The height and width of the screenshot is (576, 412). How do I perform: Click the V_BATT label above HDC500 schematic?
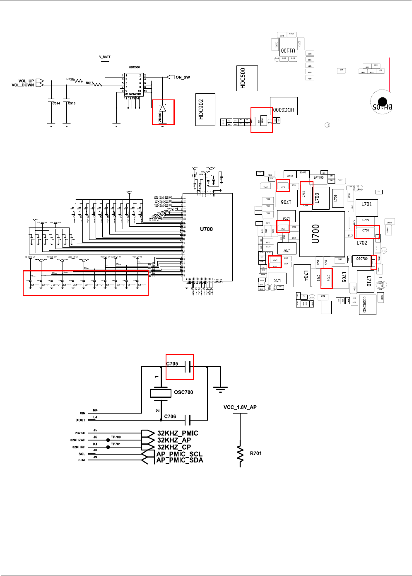pos(105,57)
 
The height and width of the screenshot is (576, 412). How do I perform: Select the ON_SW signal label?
pos(183,77)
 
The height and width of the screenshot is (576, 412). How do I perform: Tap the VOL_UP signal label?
pos(26,81)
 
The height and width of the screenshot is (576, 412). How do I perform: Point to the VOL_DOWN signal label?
pos(23,85)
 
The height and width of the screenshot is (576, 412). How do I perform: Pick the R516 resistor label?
pos(70,79)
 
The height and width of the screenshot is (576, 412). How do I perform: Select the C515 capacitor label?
pos(72,103)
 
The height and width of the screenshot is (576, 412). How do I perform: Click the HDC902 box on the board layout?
pos(205,109)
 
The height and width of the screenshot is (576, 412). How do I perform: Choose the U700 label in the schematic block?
pos(206,229)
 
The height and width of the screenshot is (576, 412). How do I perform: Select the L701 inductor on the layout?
pos(366,204)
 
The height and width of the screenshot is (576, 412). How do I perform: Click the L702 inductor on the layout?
pos(362,243)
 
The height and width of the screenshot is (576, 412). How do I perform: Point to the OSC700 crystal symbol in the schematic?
pos(161,393)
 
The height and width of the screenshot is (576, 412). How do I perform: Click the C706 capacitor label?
pos(170,416)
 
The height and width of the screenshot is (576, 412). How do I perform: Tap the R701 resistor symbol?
pos(240,453)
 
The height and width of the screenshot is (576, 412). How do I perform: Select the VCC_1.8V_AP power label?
pos(240,407)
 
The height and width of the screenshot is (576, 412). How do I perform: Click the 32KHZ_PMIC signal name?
pos(178,433)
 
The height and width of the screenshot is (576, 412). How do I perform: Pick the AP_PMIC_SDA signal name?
pos(180,460)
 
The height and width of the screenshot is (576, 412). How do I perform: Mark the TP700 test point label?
pos(116,437)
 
